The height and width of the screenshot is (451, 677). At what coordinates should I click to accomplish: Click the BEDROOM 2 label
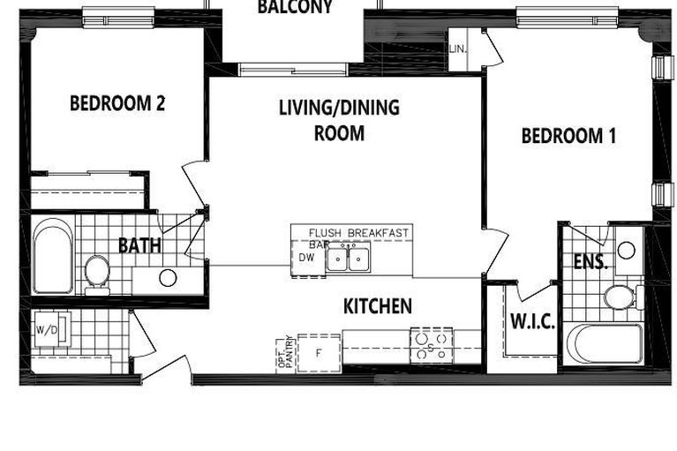[117, 103]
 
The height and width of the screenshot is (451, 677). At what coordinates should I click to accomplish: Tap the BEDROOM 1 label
[568, 136]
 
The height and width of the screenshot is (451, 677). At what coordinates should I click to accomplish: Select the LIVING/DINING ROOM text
[339, 120]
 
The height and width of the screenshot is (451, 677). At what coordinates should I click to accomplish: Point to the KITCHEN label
[377, 306]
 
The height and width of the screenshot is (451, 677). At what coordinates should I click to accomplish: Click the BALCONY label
[294, 8]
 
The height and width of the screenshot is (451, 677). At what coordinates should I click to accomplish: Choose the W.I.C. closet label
[532, 321]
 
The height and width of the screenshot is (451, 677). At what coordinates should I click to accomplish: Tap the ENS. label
[590, 261]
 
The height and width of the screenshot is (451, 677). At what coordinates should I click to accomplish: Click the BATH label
[139, 244]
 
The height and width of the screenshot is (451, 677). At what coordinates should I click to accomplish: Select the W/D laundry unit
[45, 331]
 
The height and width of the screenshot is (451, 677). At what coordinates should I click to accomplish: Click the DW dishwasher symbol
[306, 259]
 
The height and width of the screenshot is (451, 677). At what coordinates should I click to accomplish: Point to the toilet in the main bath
[96, 271]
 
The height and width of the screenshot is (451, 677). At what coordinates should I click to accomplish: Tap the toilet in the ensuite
[620, 296]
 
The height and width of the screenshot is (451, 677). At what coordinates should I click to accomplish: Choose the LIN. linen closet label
[459, 49]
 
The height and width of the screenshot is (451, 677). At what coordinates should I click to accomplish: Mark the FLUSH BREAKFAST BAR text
[357, 235]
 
